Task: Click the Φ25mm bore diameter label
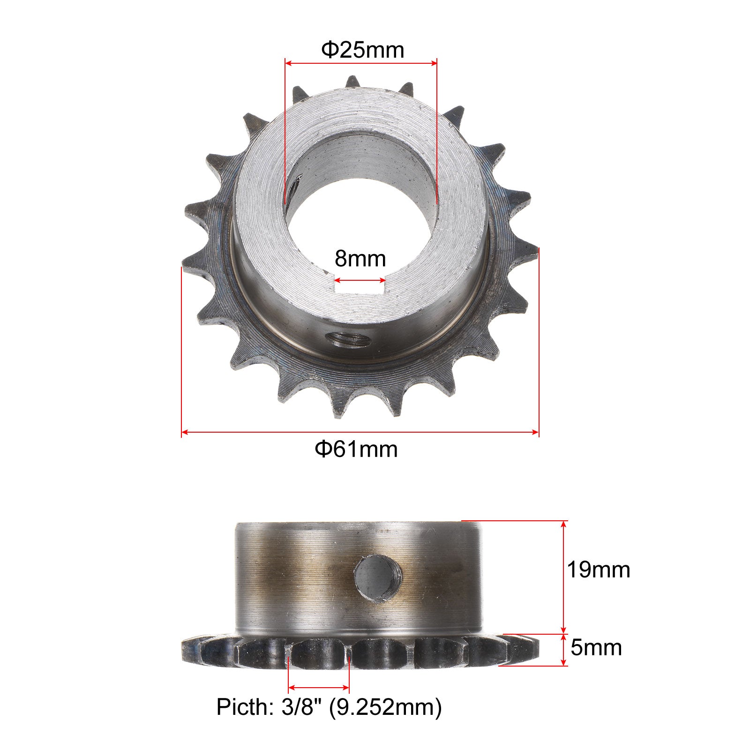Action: click(362, 50)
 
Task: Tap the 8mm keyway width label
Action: click(360, 258)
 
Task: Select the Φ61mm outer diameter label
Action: click(356, 449)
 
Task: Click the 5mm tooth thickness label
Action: click(596, 647)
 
